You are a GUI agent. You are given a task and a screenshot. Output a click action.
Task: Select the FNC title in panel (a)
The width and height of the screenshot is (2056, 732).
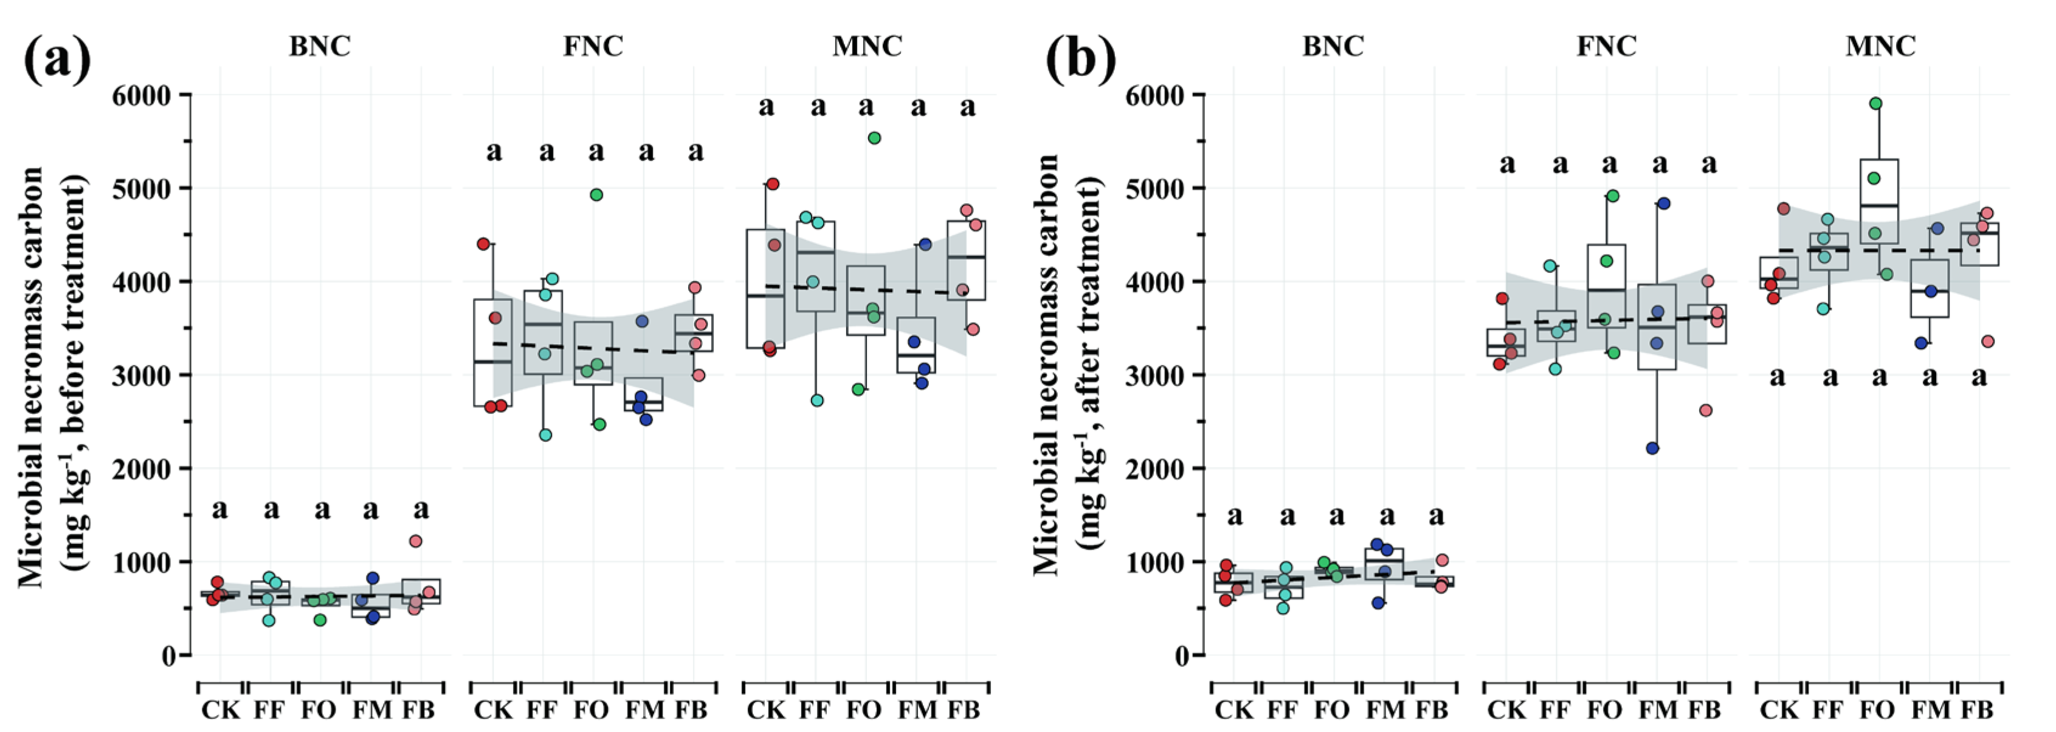pyautogui.click(x=592, y=46)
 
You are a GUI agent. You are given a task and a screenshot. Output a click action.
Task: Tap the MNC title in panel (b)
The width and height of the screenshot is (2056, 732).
pyautogui.click(x=1880, y=46)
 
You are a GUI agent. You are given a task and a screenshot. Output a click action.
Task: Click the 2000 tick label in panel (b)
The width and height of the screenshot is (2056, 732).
pyautogui.click(x=1155, y=469)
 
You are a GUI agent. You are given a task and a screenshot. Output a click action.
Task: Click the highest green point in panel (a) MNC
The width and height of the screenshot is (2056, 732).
pyautogui.click(x=874, y=138)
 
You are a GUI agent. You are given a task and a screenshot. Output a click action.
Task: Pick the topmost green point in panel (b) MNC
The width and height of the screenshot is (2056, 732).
pyautogui.click(x=1875, y=103)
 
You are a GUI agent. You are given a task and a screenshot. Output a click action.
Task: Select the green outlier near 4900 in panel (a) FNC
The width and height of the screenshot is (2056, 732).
pyautogui.click(x=596, y=195)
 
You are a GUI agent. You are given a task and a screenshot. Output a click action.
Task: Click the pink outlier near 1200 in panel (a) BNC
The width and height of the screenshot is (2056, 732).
pyautogui.click(x=416, y=541)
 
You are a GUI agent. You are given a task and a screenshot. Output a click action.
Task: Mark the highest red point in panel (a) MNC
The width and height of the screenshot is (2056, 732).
pyautogui.click(x=773, y=184)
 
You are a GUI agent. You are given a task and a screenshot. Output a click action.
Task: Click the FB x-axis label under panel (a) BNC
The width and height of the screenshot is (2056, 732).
pyautogui.click(x=418, y=710)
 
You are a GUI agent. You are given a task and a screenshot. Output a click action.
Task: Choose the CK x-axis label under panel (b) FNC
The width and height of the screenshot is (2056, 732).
pyautogui.click(x=1506, y=710)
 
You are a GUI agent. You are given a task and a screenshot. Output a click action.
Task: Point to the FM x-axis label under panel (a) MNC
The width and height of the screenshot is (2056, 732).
pyautogui.click(x=917, y=710)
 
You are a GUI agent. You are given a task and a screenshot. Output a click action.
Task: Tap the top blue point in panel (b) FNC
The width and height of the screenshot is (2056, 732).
pyautogui.click(x=1664, y=204)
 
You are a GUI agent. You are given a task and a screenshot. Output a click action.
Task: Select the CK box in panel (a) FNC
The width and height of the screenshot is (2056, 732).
pyautogui.click(x=492, y=353)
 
